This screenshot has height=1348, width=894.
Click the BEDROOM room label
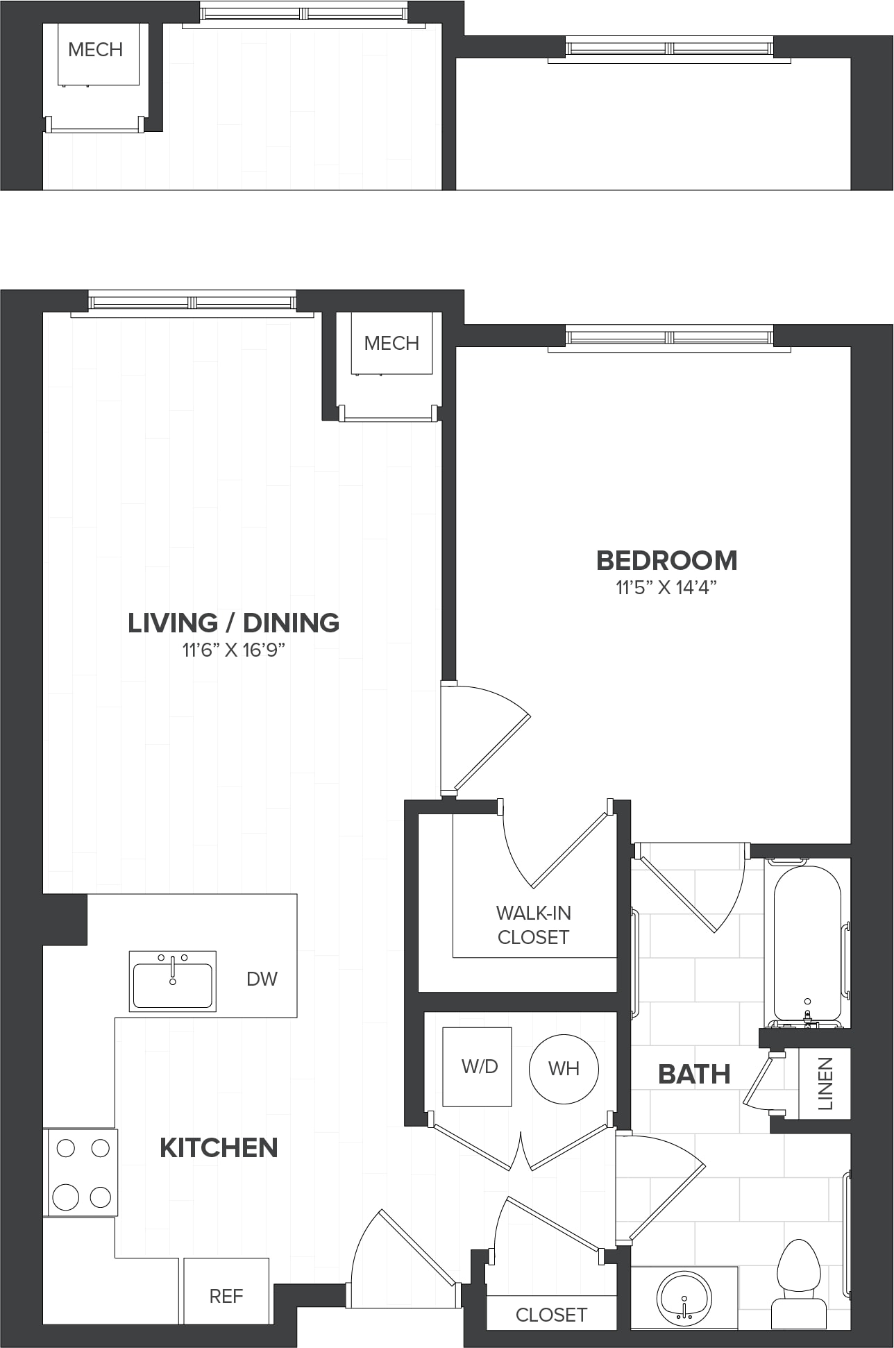point(666,560)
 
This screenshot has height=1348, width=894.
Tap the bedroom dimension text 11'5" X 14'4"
point(666,588)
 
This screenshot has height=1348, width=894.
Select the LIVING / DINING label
point(233,623)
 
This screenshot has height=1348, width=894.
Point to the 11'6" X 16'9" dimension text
point(234,650)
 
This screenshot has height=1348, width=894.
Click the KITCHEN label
point(219,1147)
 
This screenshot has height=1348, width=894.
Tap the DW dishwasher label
point(262,979)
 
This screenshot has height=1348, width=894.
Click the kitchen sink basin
point(173,981)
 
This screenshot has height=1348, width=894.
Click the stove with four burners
point(81,1172)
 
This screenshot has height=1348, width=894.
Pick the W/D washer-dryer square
point(478,1067)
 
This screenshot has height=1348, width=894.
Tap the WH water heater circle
point(564,1069)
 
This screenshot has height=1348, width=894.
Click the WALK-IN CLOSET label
point(533,925)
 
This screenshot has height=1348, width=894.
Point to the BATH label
point(694,1075)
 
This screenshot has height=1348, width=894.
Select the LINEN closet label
point(825,1084)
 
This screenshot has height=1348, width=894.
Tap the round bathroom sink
point(684,1295)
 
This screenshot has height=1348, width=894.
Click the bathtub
point(807,944)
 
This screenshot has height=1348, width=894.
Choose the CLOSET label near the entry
point(551,1315)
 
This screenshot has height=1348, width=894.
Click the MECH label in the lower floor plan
point(391,343)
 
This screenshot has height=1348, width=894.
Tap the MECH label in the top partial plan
point(96,50)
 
